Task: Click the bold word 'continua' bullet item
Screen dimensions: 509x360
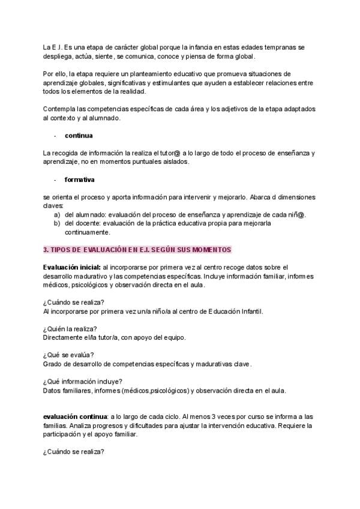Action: tap(79, 136)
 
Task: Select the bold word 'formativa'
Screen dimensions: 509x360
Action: tap(79, 179)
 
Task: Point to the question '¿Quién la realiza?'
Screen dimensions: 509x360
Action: tap(70, 328)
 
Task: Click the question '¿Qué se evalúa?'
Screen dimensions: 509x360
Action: tap(68, 355)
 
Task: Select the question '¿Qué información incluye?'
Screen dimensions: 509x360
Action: tap(83, 381)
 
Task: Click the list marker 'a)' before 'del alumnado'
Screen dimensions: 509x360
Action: tap(57, 215)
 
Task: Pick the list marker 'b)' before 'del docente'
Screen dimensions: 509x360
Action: tap(57, 223)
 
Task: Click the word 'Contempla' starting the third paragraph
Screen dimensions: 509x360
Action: tap(59, 109)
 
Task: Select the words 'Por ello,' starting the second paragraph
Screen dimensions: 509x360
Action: tap(56, 74)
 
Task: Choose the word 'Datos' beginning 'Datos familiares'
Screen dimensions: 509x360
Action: tap(52, 390)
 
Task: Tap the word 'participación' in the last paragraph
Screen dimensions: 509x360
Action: tap(64, 434)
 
